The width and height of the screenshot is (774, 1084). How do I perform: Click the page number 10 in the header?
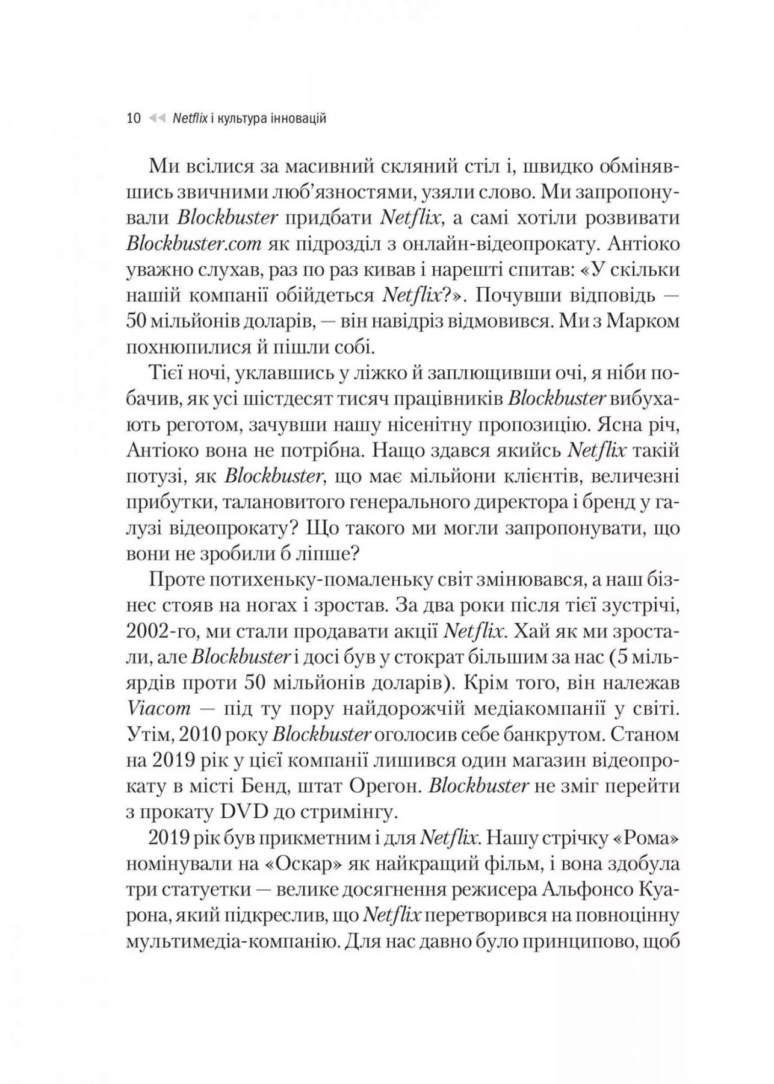(134, 118)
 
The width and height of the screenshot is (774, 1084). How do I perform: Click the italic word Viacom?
(159, 709)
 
